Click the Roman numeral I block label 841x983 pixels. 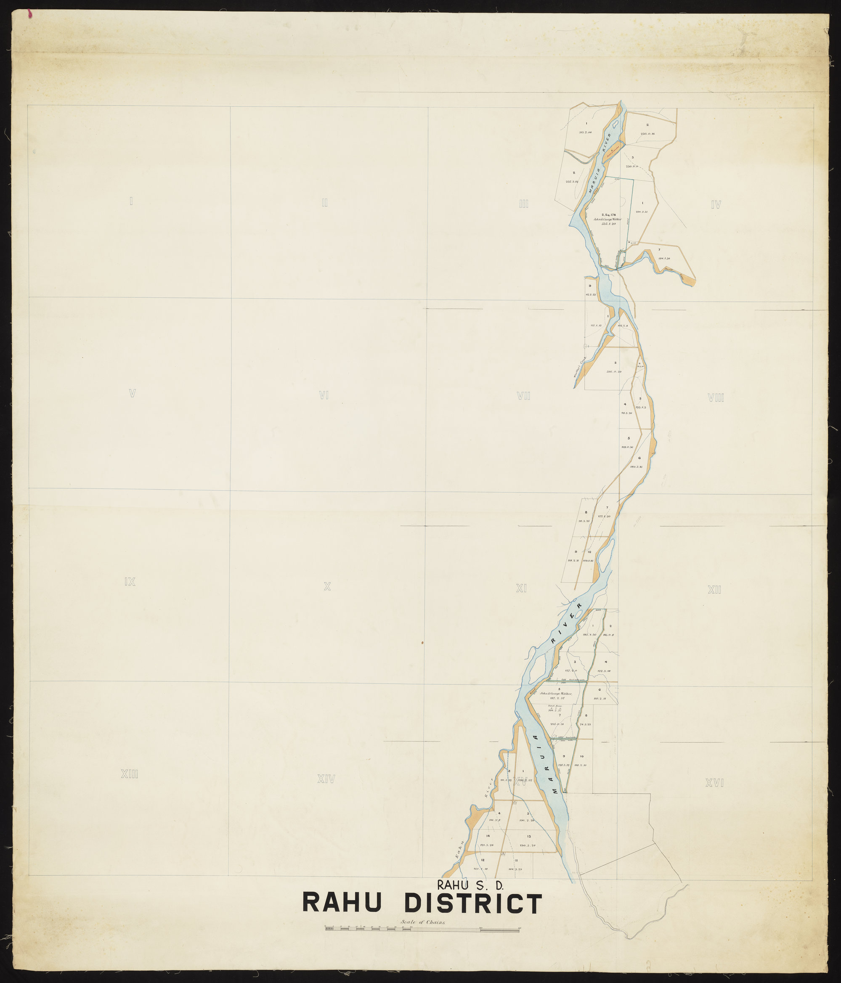pos(131,201)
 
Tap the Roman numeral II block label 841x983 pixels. pos(325,203)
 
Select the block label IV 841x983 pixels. pos(716,205)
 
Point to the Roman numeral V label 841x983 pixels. pos(133,393)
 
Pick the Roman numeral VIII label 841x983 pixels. pos(716,398)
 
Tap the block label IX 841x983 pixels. pos(130,582)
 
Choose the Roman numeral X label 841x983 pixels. pos(327,587)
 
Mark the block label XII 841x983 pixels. pos(714,590)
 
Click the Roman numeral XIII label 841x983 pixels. pos(129,775)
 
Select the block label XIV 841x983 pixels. pos(326,779)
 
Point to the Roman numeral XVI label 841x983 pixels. pos(715,783)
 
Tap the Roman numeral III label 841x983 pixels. pos(523,204)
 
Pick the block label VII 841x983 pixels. pos(523,396)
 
